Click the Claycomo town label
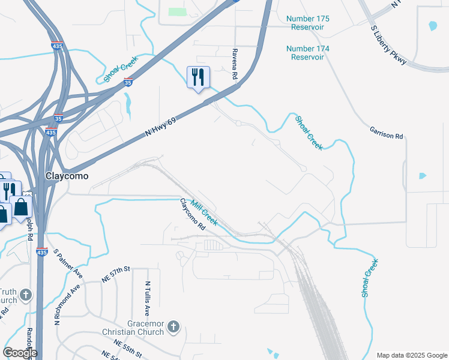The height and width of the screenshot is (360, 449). click(x=67, y=176)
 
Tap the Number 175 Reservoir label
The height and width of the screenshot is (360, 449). click(x=308, y=23)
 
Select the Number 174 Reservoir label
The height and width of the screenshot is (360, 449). click(x=308, y=52)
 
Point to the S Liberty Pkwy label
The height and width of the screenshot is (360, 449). click(x=389, y=46)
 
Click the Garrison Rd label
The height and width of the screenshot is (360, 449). click(x=386, y=133)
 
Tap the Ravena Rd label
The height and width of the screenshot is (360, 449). click(x=235, y=64)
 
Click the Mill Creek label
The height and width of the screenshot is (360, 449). click(x=204, y=213)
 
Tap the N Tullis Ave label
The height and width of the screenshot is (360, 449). click(x=147, y=299)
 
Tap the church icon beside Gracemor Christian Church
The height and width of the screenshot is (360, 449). click(x=173, y=327)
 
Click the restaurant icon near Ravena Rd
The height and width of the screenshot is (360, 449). click(x=198, y=77)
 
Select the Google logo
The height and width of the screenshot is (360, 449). click(x=20, y=353)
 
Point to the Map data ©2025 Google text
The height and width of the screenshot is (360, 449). click(x=411, y=355)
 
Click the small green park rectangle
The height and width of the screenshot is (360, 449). click(x=177, y=11)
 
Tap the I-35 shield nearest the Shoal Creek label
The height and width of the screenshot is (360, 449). click(x=128, y=82)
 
